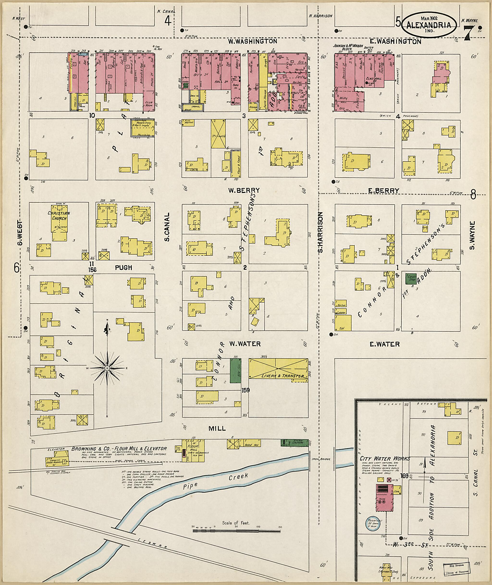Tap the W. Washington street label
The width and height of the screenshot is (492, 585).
tap(252, 41)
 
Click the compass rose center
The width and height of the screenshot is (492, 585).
tap(107, 368)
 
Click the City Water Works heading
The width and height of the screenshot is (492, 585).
tap(385, 459)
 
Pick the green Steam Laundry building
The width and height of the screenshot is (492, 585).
tap(294, 443)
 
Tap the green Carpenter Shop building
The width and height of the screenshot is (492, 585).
tap(411, 279)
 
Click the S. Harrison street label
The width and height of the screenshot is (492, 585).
tap(320, 232)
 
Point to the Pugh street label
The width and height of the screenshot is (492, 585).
tap(123, 268)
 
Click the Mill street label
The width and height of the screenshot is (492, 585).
tap(217, 429)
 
